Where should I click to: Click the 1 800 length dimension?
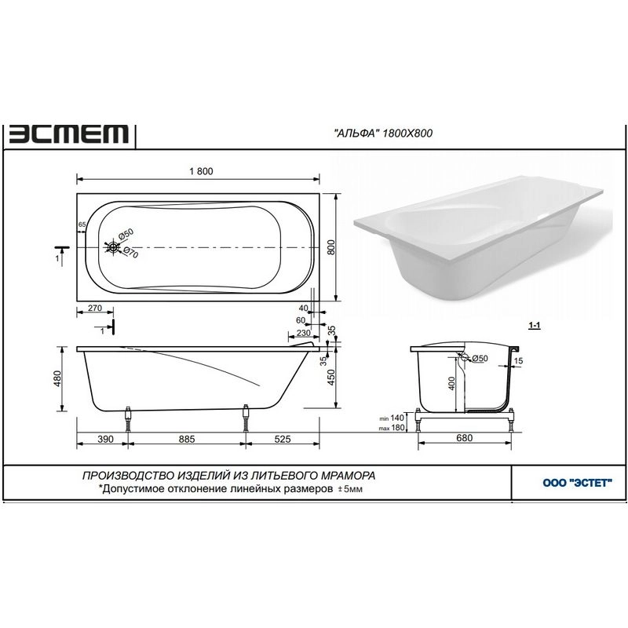coord(201,171)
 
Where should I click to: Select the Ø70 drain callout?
coord(130,253)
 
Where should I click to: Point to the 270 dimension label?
coord(94,309)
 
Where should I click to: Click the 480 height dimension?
coord(57,378)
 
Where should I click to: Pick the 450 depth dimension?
coord(331,378)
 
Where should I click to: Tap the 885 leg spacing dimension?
coord(187,440)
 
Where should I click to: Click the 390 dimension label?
coord(105,440)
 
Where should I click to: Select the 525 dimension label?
coord(283,440)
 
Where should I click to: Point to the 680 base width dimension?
coord(464,438)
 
